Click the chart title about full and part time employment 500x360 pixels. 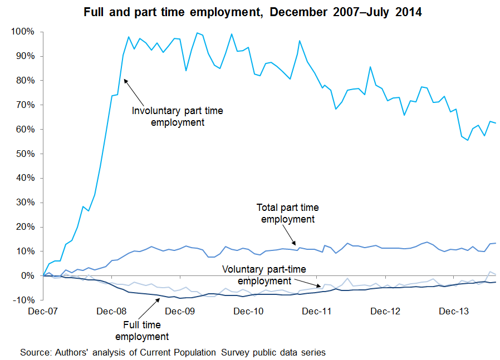coord(252,12)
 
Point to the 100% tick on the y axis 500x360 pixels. coord(22,32)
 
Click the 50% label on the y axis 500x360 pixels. coord(24,154)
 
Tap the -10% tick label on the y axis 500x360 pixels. coord(23,300)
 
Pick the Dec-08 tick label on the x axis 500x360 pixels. coord(112,311)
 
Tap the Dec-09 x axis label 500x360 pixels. coord(180,311)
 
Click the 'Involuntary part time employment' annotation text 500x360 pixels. coord(177,116)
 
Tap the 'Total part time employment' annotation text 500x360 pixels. coord(287,213)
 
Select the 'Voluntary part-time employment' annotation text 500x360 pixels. coord(264,275)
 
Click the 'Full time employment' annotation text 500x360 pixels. coord(141,331)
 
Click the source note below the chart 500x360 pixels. coord(173,352)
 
